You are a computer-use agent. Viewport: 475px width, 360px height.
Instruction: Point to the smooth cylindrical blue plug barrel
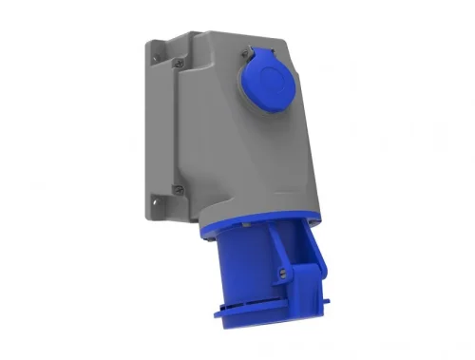(228, 280)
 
